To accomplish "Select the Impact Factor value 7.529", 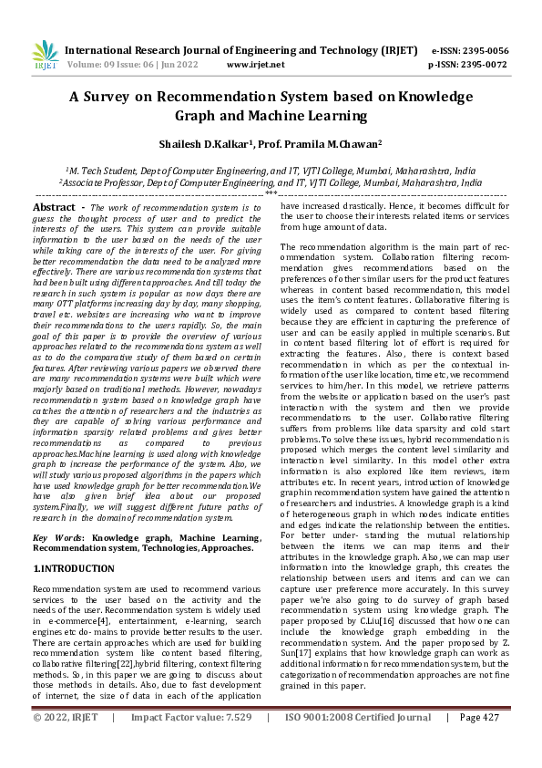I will pyautogui.click(x=232, y=743).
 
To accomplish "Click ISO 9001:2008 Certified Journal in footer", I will pyautogui.click(x=358, y=743).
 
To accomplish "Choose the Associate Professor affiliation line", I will pyautogui.click(x=271, y=182).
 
